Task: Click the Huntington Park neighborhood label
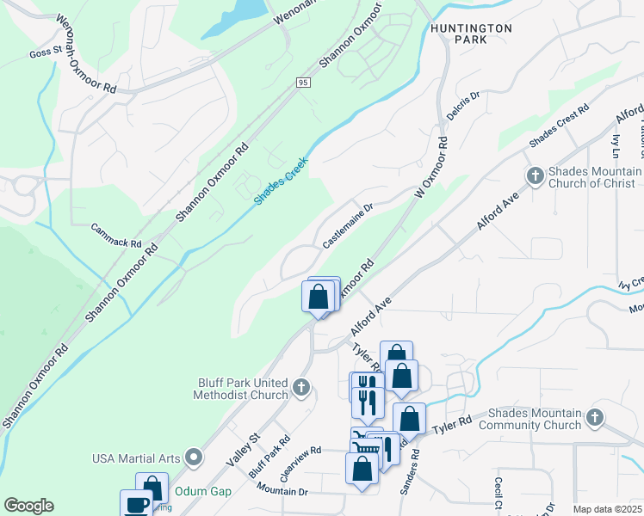coord(471,34)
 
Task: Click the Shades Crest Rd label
coord(559,126)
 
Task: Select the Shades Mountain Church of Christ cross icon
coord(535,175)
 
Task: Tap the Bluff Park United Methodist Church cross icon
coord(300,387)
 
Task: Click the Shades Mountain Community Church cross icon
coord(594,418)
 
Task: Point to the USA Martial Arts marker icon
coord(195,457)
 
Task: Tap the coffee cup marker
coord(137,505)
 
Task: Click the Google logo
coord(28,506)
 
